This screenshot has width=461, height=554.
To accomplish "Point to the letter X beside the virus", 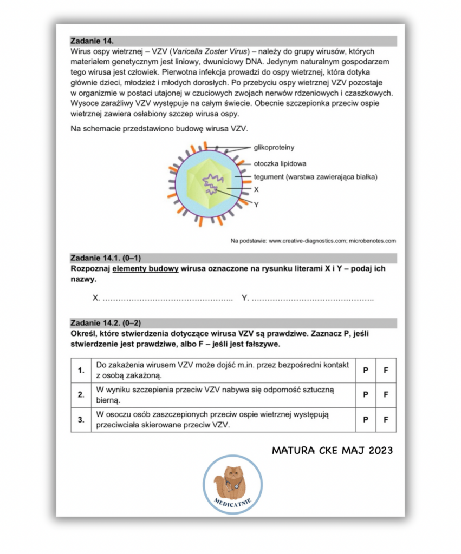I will click(256, 190).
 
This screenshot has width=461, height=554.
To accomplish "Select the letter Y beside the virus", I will click(256, 205).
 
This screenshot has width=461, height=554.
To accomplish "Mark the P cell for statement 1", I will click(366, 371).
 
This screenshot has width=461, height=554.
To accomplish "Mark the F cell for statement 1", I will click(386, 371).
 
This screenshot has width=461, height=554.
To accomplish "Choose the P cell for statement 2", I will click(366, 395).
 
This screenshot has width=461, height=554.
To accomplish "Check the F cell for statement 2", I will click(386, 395).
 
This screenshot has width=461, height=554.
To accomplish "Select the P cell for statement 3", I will click(366, 419).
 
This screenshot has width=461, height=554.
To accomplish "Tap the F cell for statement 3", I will click(386, 419).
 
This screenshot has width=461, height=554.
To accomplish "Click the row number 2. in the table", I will click(81, 395).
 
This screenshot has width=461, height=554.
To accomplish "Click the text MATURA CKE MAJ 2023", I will click(332, 450).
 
